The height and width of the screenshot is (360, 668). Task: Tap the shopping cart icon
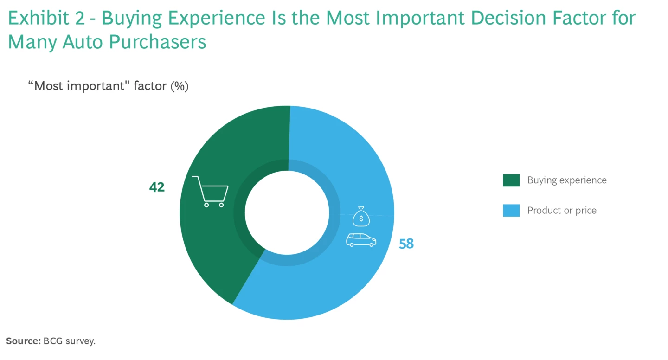211,191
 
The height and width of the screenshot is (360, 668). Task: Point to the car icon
361,239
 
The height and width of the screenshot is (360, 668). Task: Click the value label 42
157,187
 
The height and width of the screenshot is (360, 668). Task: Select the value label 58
406,244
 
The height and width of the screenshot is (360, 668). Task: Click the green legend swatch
511,180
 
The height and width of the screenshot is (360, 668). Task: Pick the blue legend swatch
511,211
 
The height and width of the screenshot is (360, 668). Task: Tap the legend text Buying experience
567,180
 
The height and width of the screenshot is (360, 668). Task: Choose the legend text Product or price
562,211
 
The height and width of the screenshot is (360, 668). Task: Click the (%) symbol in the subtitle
179,86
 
